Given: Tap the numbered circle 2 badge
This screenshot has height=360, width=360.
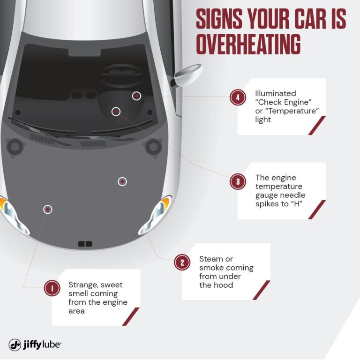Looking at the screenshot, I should (x=182, y=262).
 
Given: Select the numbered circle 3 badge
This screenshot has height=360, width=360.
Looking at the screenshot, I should (x=238, y=181).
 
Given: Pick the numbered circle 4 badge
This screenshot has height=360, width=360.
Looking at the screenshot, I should (x=238, y=97).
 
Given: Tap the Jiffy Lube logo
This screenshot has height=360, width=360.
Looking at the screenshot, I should (x=35, y=345).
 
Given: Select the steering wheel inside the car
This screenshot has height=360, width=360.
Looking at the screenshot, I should (x=122, y=75).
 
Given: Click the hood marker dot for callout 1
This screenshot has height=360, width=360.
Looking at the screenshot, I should (x=48, y=209).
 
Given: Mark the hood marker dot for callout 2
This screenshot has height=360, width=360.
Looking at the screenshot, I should (x=122, y=181).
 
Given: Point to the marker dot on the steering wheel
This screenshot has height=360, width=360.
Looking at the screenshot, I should (x=136, y=96).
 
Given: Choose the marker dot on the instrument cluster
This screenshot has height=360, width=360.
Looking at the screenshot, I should (x=116, y=111).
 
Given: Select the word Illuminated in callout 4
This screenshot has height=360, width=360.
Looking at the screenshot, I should (x=276, y=94).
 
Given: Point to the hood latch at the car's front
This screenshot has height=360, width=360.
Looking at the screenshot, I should (x=85, y=244).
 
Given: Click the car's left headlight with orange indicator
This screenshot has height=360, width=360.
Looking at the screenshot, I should (x=10, y=211).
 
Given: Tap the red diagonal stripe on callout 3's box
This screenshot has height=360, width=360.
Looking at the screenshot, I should (x=317, y=210).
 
